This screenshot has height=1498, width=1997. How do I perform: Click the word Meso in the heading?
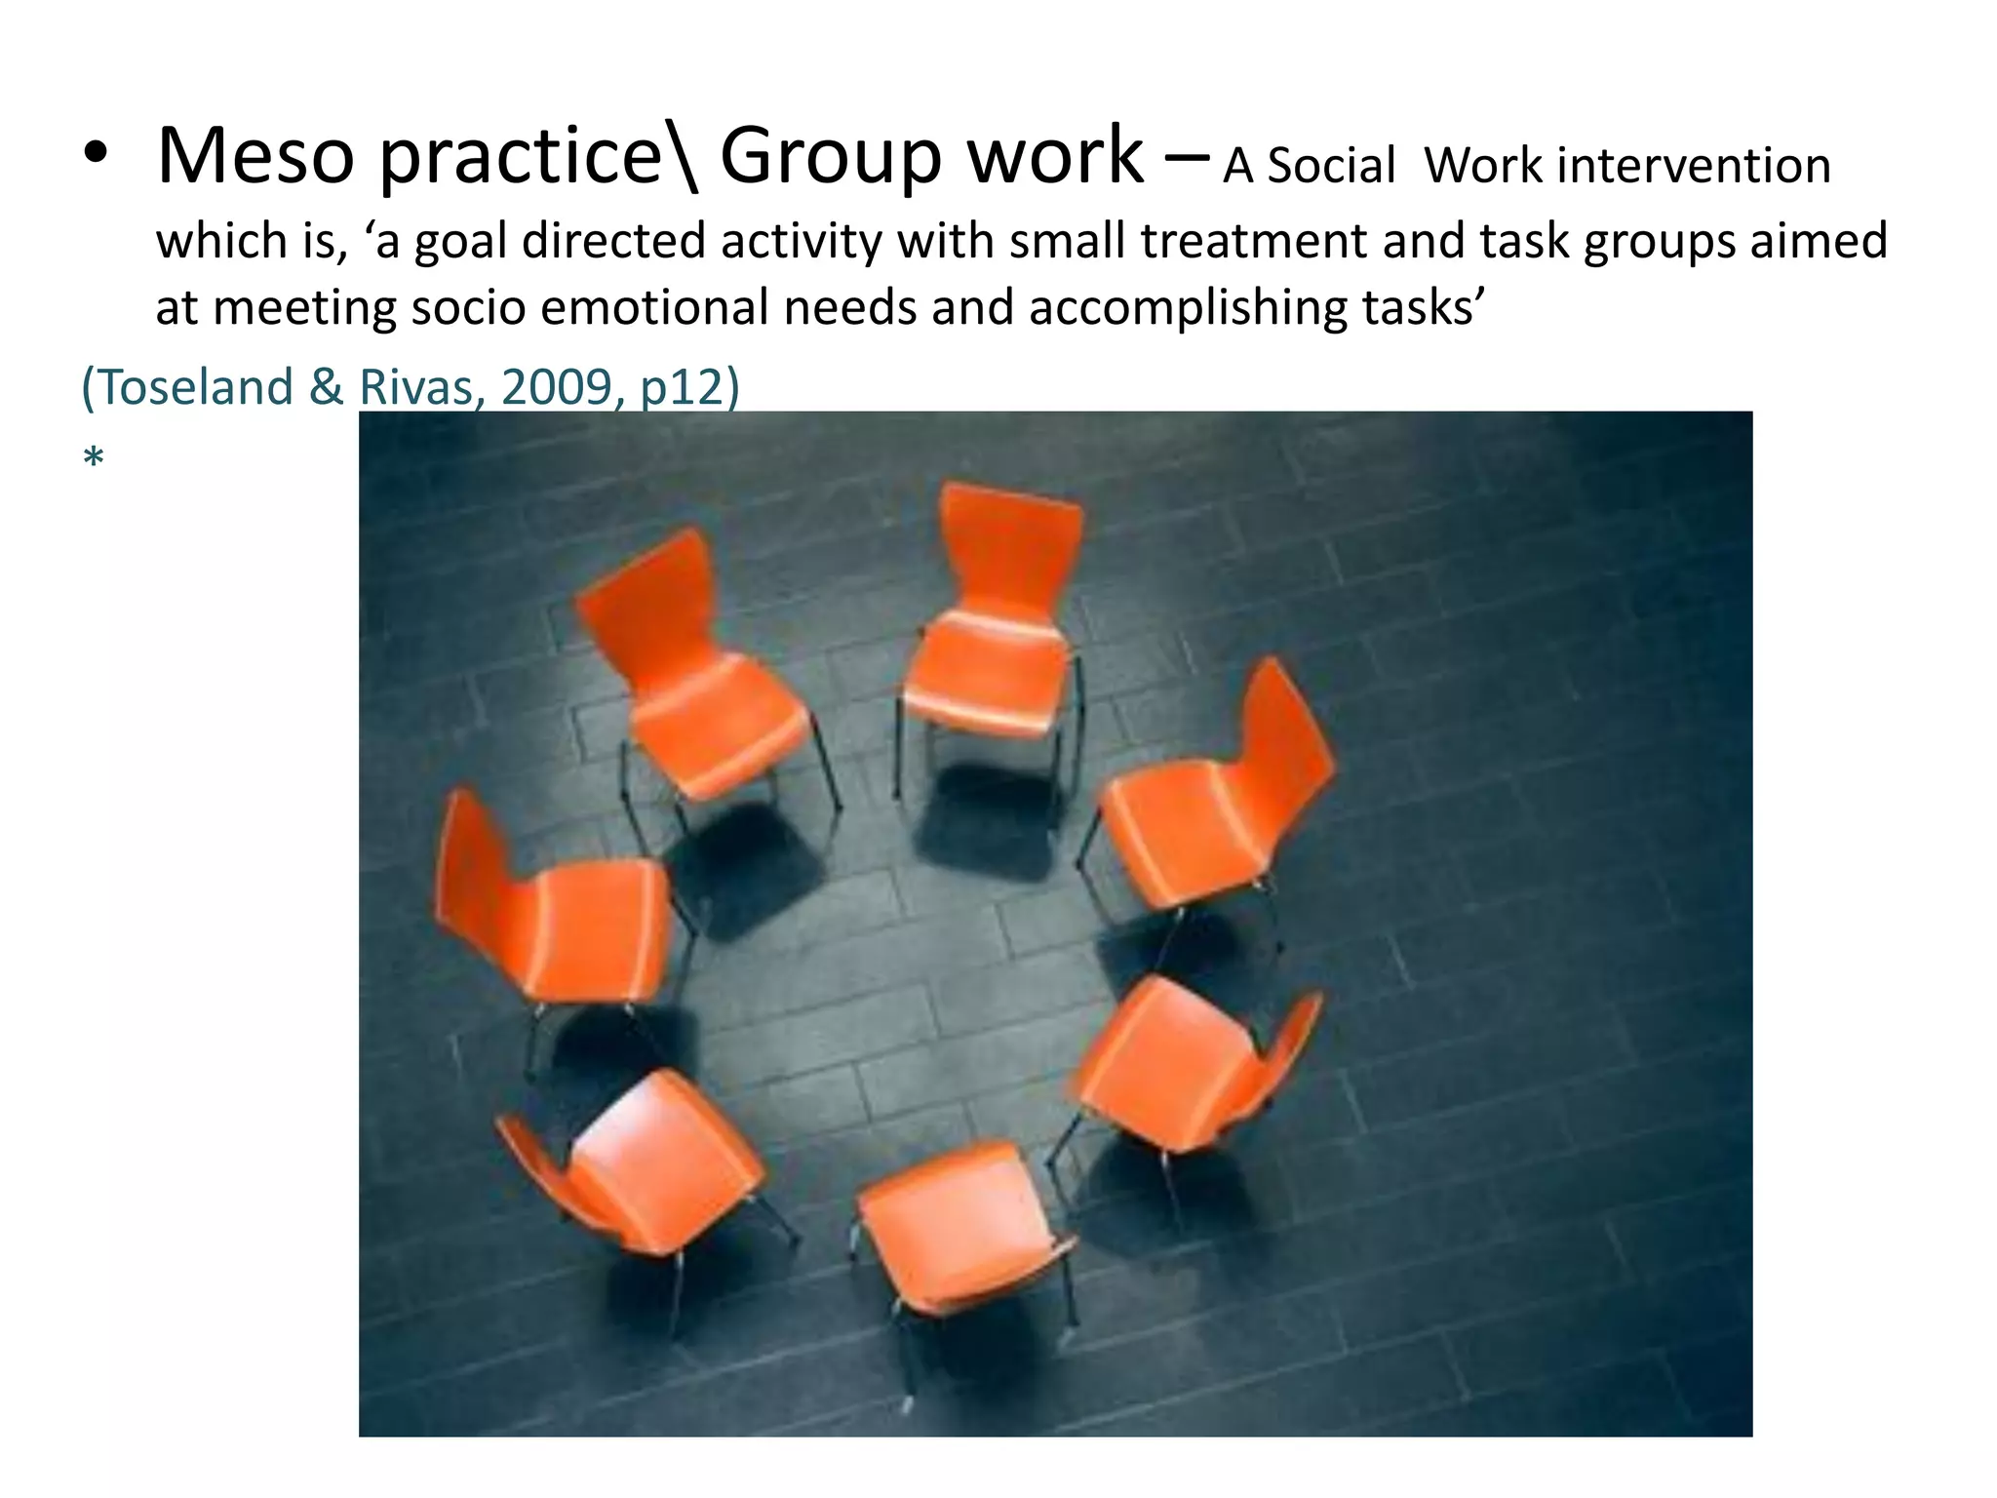[x=255, y=156]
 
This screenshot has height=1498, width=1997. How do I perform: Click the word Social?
[x=1331, y=166]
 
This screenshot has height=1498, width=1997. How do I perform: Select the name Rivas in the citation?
[x=420, y=387]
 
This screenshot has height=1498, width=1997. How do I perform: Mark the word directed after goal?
[x=613, y=241]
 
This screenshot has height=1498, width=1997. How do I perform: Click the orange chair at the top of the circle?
[x=996, y=624]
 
